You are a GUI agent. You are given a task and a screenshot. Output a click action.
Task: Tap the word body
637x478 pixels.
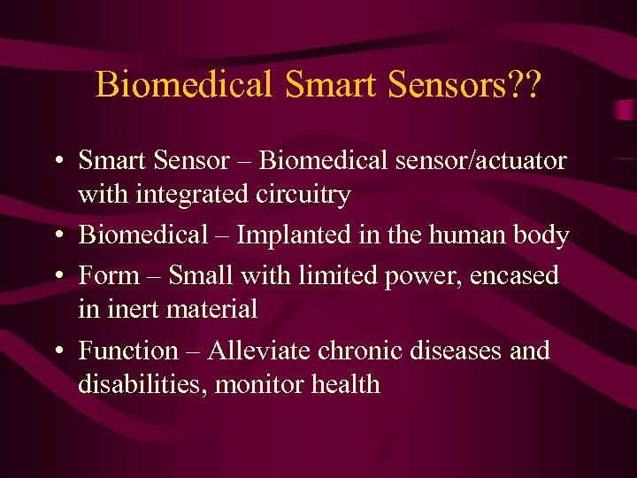(x=541, y=235)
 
